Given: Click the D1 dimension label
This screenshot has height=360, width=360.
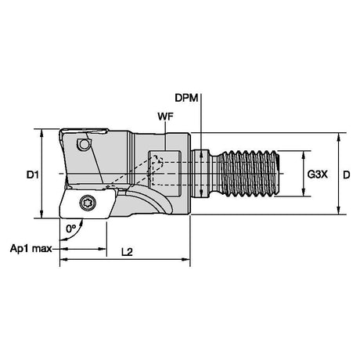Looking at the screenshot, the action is (33, 175).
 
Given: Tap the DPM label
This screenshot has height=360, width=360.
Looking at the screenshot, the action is (186, 98).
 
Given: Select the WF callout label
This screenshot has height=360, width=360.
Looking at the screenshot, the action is (165, 117).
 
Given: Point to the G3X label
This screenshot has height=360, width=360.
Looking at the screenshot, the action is (317, 175).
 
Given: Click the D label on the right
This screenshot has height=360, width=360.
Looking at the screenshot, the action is (346, 175).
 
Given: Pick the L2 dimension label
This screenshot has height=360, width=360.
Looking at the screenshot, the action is (127, 252).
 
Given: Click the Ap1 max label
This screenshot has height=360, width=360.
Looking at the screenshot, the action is (31, 249).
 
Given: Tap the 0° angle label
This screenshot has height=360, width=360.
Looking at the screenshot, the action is (70, 229).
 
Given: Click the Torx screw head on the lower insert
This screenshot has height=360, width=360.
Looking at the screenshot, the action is (88, 203).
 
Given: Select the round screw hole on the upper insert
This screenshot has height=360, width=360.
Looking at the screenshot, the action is (84, 144).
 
